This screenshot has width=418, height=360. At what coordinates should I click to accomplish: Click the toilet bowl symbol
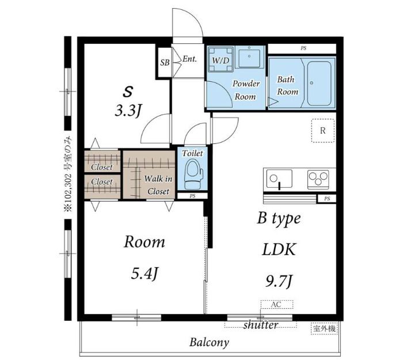(194, 174)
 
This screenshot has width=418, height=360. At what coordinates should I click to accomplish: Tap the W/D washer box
(221, 59)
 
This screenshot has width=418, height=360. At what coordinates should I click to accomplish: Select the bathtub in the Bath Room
(319, 83)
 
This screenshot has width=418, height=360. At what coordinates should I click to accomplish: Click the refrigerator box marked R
(323, 130)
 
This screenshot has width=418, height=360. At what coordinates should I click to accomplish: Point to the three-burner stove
(318, 178)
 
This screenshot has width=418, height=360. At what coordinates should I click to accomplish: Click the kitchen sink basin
(279, 178)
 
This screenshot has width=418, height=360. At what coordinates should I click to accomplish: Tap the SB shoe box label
(165, 63)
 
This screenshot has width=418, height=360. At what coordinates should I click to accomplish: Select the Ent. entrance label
(189, 59)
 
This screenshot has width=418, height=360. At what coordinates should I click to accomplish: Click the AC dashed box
(277, 304)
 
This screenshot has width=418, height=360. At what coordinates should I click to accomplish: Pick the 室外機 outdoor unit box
(324, 328)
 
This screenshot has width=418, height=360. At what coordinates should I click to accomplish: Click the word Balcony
(209, 342)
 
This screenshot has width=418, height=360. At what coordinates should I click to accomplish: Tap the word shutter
(260, 325)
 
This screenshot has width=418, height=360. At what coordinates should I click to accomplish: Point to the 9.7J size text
(279, 282)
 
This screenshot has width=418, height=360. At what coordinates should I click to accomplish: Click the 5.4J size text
(145, 274)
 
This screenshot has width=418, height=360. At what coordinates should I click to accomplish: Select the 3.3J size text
(127, 111)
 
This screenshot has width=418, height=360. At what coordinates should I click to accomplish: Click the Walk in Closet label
(158, 185)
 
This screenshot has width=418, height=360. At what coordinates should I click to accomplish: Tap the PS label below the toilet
(192, 196)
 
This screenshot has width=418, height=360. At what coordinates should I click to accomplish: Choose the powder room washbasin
(249, 58)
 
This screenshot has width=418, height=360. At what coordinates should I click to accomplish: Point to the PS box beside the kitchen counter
(327, 199)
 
